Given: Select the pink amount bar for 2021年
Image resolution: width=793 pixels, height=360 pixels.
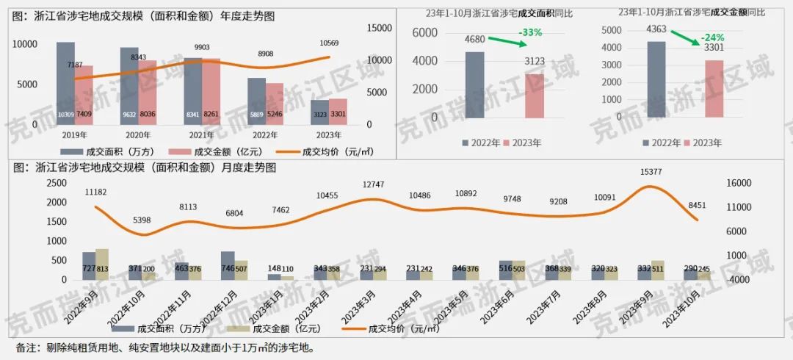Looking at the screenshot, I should click(211, 91).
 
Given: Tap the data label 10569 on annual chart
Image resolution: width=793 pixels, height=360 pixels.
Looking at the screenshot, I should click(328, 43).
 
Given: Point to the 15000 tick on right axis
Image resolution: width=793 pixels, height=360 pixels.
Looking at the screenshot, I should click(377, 27).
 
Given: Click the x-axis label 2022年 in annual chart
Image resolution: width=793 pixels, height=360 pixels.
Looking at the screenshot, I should click(265, 134).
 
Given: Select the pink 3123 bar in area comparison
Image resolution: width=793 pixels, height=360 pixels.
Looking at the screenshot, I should click(535, 96).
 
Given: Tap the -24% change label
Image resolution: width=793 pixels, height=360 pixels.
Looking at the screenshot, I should click(712, 37).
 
